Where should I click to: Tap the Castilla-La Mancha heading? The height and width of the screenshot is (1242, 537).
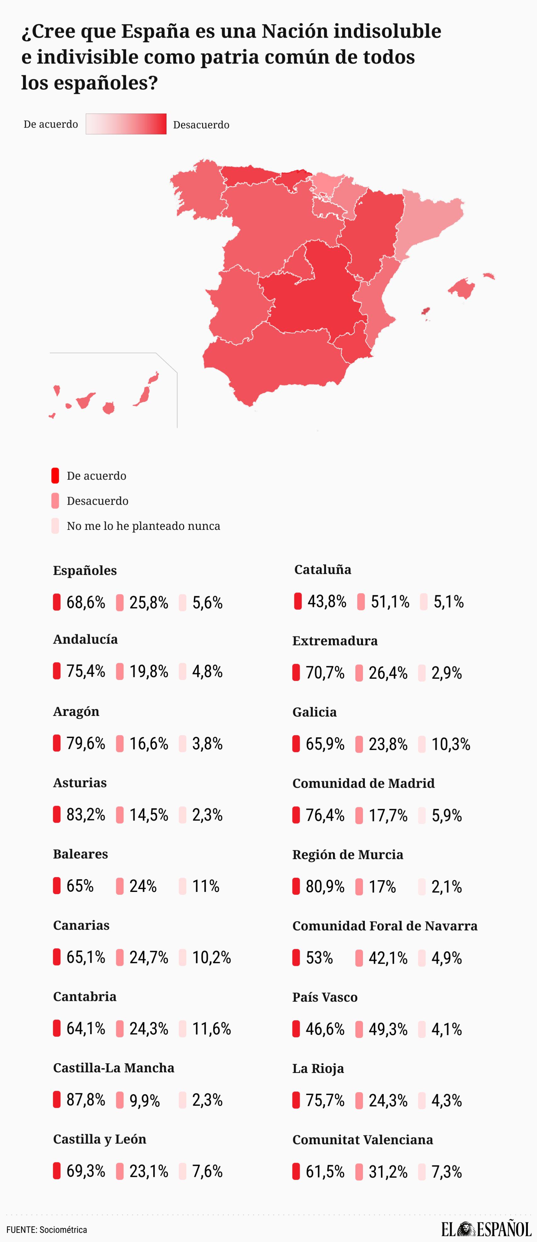click(x=114, y=1068)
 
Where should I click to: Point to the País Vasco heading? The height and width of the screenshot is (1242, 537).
click(x=325, y=997)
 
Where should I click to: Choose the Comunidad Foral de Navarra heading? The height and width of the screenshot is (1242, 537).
click(x=385, y=926)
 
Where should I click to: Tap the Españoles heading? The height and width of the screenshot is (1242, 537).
click(x=85, y=570)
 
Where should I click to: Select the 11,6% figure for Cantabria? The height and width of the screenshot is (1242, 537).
click(x=211, y=1029)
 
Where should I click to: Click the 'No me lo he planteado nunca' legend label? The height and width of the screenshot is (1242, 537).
click(x=143, y=526)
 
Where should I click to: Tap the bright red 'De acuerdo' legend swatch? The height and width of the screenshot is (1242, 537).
click(x=55, y=476)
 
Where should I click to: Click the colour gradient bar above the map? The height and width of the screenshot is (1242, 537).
click(x=126, y=124)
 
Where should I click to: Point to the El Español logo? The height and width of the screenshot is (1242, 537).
click(x=486, y=1229)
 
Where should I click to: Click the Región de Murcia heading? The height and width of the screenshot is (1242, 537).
click(x=348, y=854)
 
